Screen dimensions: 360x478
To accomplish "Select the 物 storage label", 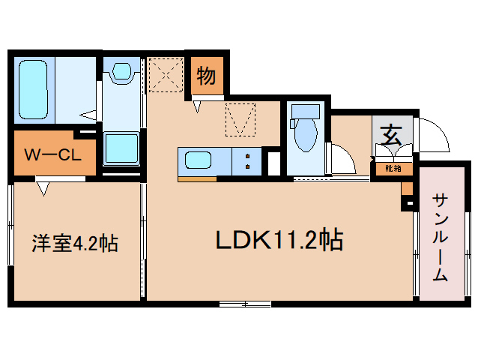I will coord(207,75).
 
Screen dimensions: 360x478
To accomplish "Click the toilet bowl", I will coord(305,135).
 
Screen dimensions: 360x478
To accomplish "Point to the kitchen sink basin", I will coord(199,160).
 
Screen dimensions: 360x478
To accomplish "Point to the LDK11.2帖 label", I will coord(279,239).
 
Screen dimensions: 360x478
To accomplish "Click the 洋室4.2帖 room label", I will coord(74,243).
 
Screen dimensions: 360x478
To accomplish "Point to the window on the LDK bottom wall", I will coord(245,303).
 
